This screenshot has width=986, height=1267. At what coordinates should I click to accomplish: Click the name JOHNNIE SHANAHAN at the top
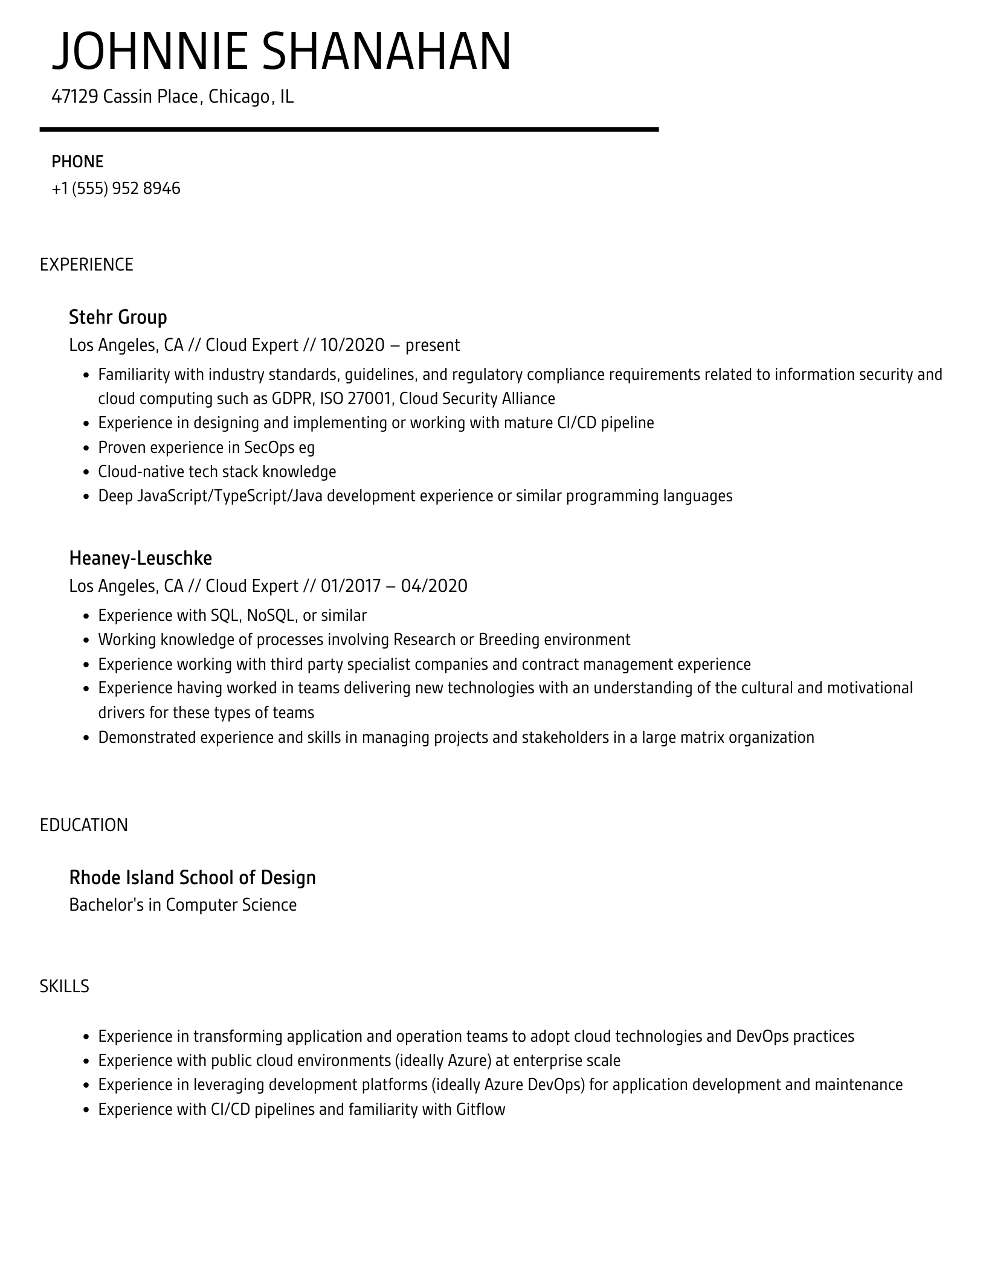pyautogui.click(x=282, y=52)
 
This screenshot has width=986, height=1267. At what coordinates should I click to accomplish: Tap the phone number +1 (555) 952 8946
pyautogui.click(x=116, y=188)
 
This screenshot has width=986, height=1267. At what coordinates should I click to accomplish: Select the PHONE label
pyautogui.click(x=77, y=162)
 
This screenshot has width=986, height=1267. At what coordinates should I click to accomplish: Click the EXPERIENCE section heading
pyautogui.click(x=86, y=265)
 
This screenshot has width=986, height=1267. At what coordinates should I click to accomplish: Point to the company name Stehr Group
pyautogui.click(x=118, y=317)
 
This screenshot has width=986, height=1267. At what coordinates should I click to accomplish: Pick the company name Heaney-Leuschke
pyautogui.click(x=140, y=558)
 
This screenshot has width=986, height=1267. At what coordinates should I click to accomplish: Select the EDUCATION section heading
pyautogui.click(x=84, y=825)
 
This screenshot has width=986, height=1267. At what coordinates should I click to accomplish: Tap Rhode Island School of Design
pyautogui.click(x=192, y=877)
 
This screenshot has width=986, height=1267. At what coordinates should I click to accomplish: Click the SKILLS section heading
pyautogui.click(x=64, y=986)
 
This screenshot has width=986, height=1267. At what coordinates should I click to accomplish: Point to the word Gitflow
pyautogui.click(x=480, y=1109)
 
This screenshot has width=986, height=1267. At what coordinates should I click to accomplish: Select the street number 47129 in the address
pyautogui.click(x=75, y=97)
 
